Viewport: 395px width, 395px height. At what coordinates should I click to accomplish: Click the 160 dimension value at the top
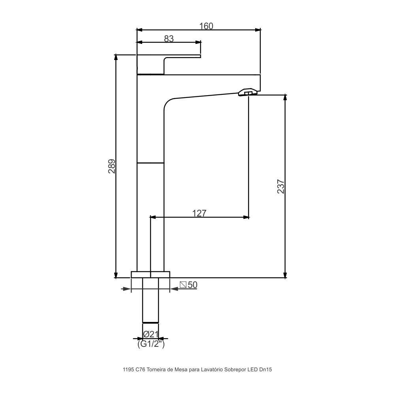206,26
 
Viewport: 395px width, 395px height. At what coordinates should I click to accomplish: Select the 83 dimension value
169,38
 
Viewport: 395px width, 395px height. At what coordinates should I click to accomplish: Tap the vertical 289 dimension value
112,166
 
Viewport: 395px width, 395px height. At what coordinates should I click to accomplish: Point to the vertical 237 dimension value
280,186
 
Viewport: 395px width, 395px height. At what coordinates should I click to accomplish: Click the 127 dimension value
199,213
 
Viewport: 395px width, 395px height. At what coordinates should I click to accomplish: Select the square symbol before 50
183,284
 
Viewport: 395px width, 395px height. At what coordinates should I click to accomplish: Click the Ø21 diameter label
150,334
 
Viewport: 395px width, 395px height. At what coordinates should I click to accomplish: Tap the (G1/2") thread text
151,344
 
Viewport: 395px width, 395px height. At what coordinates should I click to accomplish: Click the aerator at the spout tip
248,93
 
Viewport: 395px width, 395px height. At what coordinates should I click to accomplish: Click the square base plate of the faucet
150,275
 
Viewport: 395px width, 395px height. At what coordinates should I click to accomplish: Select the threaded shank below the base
150,300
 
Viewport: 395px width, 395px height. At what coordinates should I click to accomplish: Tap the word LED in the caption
252,370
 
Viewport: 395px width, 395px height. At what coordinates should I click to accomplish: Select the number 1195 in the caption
128,370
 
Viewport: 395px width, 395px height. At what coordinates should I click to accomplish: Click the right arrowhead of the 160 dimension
258,30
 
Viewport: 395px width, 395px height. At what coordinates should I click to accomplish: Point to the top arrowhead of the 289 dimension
116,57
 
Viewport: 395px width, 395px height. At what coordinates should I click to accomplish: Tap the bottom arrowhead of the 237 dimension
285,275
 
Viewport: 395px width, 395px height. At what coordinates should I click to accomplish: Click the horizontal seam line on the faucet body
150,163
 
